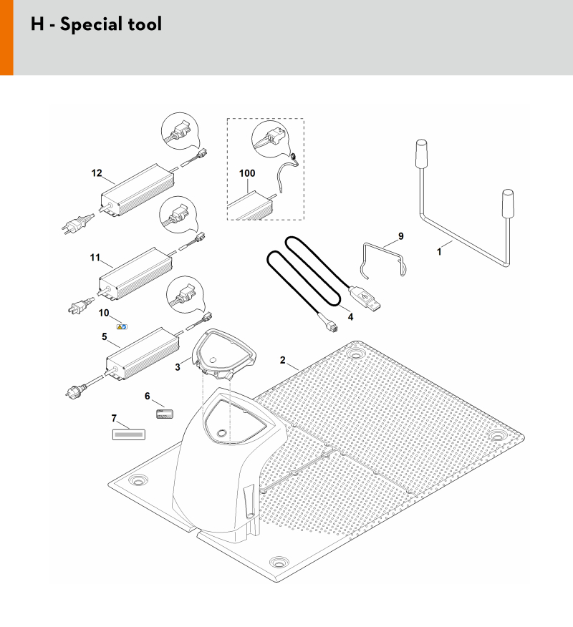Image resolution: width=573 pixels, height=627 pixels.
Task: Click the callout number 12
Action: [97, 173]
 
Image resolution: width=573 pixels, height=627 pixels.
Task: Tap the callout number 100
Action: [247, 173]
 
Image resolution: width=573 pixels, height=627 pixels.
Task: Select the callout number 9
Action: [401, 236]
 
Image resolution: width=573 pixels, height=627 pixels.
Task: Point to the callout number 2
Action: [282, 360]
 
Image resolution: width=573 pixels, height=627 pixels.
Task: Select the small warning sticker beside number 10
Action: [122, 326]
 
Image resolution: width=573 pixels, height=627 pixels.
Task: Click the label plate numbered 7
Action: [128, 434]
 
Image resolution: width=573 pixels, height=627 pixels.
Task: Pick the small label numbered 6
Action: [165, 414]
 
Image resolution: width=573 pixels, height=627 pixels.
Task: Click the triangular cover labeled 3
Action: [223, 354]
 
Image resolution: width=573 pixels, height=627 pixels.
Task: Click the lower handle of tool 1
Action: [508, 203]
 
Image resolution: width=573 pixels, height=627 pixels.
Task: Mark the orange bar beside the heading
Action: [6, 38]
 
